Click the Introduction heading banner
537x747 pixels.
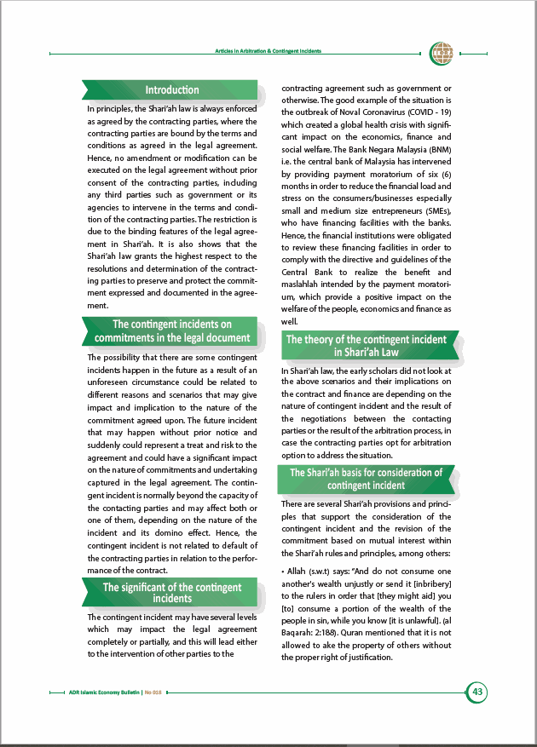(171, 90)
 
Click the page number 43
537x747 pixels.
(477, 692)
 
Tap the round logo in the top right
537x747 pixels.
(442, 52)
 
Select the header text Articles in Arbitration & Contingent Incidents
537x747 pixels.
(268, 52)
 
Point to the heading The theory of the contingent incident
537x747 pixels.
(366, 345)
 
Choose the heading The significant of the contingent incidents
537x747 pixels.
(171, 593)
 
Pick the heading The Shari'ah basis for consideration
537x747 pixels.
(366, 479)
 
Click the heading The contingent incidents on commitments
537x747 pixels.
(171, 331)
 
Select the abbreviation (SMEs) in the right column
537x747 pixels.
(434, 210)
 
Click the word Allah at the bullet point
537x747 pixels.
(303, 572)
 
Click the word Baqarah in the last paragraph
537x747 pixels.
(298, 634)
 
